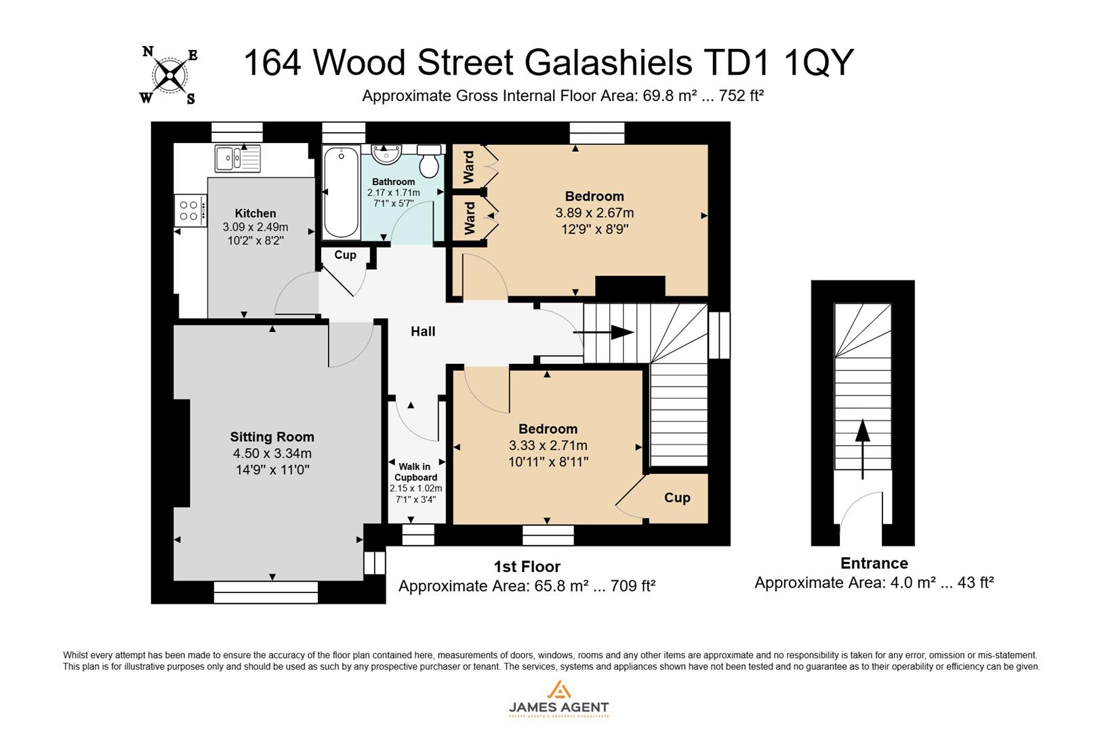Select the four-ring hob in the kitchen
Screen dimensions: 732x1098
pos(190,210)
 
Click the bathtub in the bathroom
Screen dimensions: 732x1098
pos(341,193)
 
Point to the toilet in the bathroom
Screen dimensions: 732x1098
pos(428,161)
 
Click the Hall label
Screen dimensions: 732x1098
pos(423,331)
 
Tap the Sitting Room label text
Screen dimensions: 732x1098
pos(272,437)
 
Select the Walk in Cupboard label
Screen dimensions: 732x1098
pos(415,472)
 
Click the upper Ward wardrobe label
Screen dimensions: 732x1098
pos(468,167)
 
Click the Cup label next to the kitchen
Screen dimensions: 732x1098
pos(345,255)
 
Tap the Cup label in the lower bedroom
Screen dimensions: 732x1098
pos(676,497)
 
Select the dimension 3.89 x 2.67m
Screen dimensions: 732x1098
pos(594,213)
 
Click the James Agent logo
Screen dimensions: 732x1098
pos(558,701)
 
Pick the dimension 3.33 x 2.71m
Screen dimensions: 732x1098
pos(548,445)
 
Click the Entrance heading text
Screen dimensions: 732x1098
pos(874,563)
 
